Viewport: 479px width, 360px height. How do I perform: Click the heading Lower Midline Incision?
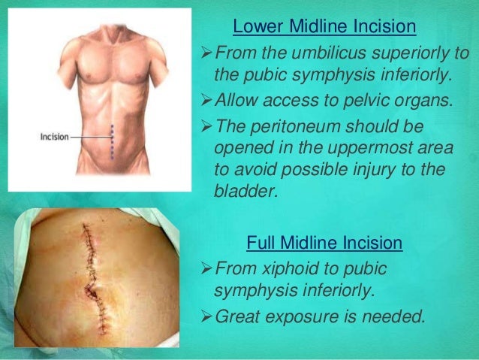point(324,28)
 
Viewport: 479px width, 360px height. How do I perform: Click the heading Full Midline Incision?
point(324,244)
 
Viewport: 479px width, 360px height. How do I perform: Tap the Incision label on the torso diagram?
point(54,138)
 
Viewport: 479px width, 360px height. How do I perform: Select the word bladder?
point(244,190)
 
